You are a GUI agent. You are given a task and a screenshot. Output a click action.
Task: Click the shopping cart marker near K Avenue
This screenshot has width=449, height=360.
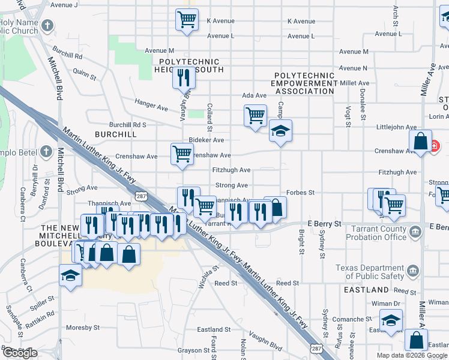(187, 19)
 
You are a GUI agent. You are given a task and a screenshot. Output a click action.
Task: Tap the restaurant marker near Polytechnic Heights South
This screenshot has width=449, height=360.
(184, 77)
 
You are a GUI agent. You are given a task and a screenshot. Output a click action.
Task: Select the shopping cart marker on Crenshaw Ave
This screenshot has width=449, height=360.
(182, 153)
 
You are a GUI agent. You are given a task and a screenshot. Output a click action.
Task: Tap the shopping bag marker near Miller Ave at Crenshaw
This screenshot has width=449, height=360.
(421, 142)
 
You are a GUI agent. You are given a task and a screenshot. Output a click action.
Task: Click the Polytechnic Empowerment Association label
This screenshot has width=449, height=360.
(304, 83)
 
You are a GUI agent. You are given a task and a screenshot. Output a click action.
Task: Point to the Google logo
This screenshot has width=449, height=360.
(19, 353)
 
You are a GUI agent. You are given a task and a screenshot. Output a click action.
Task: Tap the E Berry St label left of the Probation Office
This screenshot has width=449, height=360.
(324, 224)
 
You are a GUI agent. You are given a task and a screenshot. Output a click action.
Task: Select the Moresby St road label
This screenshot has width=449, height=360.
(83, 328)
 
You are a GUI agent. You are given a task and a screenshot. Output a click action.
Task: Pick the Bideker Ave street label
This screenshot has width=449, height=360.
(206, 140)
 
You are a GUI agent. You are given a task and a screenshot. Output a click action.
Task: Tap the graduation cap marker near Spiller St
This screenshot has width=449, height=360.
(70, 276)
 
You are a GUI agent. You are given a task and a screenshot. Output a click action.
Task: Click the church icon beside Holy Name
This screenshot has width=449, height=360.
(47, 26)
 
